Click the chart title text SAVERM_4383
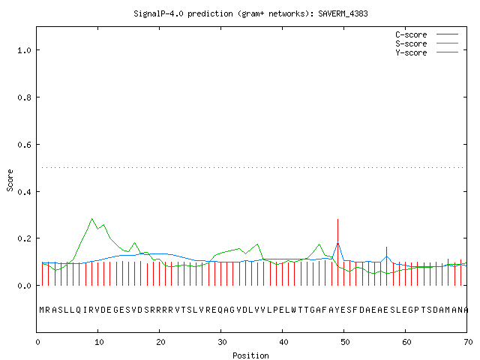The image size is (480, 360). point(343,13)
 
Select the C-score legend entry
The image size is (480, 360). point(427,34)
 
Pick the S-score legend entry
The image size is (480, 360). point(427,43)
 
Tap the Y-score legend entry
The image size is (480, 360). point(427,52)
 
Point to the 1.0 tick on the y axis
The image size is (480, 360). point(24,50)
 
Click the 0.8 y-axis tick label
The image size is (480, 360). point(24,97)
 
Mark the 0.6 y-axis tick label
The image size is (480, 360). point(24,145)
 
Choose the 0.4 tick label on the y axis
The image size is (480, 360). point(24,192)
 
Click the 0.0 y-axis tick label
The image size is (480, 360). point(24,286)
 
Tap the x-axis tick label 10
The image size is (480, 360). point(99,342)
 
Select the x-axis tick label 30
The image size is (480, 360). point(222,342)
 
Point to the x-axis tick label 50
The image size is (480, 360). point(345,342)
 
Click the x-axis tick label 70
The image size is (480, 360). point(468,342)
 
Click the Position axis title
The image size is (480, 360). point(250,355)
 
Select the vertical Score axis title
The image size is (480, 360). point(10,180)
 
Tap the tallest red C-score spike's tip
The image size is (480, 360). point(337,219)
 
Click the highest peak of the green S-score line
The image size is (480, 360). point(91,218)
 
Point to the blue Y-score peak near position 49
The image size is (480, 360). point(337,243)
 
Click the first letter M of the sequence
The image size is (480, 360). point(42,310)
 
